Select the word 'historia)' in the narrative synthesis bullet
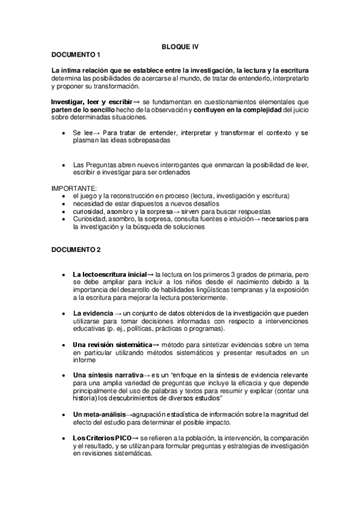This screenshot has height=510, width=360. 87,398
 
